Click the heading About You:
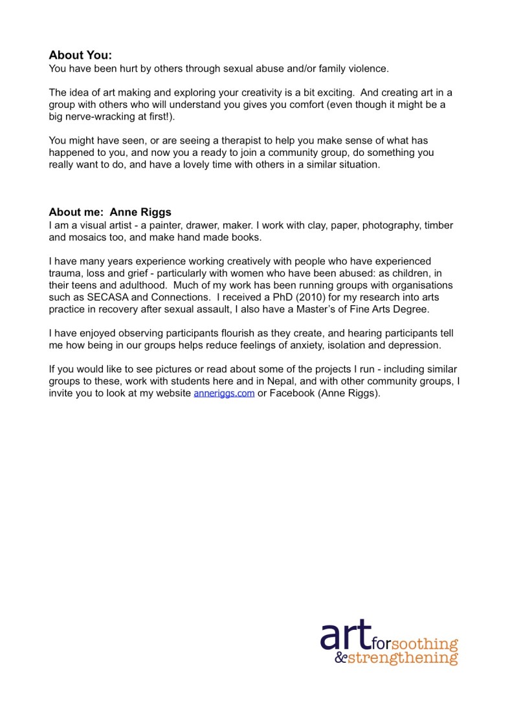[x=80, y=55]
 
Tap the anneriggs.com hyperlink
[x=224, y=393]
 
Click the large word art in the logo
[x=346, y=637]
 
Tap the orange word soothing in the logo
[x=425, y=644]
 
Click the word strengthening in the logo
[x=403, y=659]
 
